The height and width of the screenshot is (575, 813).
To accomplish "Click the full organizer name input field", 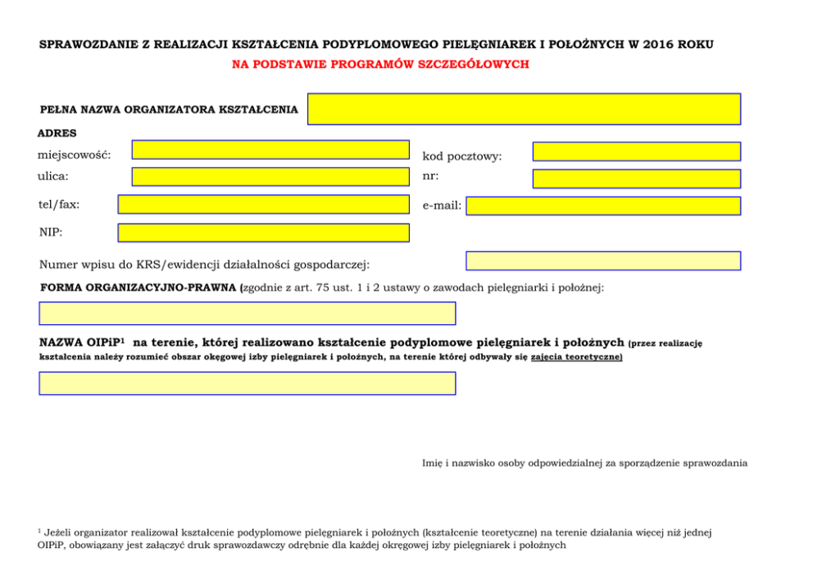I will [x=524, y=109].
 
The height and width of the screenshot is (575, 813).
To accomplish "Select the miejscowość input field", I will [x=270, y=149].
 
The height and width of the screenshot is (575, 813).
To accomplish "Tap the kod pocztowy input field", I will [x=636, y=152].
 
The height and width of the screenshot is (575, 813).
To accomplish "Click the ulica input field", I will [x=270, y=177].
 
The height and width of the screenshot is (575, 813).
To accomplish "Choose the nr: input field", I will [x=636, y=179].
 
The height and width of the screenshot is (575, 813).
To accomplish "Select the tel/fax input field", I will [x=263, y=204].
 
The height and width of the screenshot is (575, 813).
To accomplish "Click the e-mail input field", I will [x=602, y=206].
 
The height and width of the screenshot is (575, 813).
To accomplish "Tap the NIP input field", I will [x=263, y=233].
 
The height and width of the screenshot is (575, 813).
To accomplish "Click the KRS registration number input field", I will [x=602, y=260].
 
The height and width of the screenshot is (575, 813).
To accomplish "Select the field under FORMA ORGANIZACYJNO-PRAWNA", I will [x=247, y=313].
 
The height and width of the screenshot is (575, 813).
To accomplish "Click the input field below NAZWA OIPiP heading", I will [x=247, y=383].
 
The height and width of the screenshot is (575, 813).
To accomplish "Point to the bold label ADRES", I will [x=57, y=133].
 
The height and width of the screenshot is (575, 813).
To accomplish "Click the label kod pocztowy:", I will [x=462, y=156].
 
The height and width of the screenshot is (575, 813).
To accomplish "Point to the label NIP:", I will [x=51, y=233].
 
